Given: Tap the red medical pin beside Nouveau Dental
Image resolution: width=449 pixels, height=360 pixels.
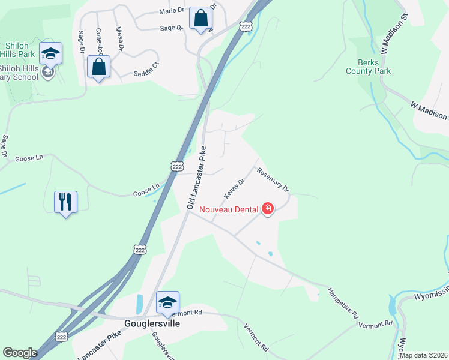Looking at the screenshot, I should pyautogui.click(x=268, y=209).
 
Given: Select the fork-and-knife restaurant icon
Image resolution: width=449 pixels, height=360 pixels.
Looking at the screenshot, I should pyautogui.click(x=65, y=202).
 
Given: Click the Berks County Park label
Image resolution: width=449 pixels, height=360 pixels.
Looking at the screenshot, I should pyautogui.click(x=369, y=67).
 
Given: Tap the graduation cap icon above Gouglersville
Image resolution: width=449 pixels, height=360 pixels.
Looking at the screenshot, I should pyautogui.click(x=167, y=302).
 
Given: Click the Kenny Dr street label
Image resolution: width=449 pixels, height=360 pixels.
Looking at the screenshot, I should pyautogui.click(x=235, y=188).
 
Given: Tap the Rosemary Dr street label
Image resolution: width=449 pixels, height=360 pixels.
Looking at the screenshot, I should pyautogui.click(x=273, y=179).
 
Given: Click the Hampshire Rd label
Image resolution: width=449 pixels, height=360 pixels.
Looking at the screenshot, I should pyautogui.click(x=343, y=303).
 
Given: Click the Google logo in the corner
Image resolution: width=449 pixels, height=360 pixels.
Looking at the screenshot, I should pyautogui.click(x=20, y=353).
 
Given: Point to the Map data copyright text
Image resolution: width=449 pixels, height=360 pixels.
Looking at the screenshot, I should pyautogui.click(x=423, y=355).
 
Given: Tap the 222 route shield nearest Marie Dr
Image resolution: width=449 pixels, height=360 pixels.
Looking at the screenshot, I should pyautogui.click(x=245, y=26).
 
